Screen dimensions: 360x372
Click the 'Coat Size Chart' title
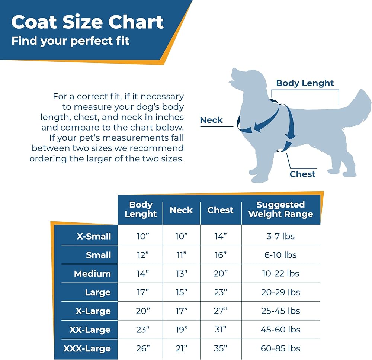coord(87,22)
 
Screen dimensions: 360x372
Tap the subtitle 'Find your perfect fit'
coord(70,40)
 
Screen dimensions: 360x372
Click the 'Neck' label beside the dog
coord(211,120)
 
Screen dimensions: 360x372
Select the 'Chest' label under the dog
coord(302,174)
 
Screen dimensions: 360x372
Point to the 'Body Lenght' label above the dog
coord(305,83)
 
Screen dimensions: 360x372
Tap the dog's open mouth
coord(233,80)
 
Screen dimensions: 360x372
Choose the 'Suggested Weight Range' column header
coord(280,209)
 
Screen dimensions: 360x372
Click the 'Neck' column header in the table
coord(181,210)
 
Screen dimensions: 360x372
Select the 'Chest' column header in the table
coord(221,210)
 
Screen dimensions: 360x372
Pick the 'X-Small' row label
coord(94,237)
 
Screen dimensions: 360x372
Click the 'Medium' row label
coord(92,274)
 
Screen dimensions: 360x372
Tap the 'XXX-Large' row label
coord(87,349)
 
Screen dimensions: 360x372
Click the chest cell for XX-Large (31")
coord(221,330)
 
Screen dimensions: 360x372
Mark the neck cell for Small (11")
coord(181,255)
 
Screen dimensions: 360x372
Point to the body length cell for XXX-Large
coord(142,349)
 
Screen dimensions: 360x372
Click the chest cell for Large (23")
coord(221,293)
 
